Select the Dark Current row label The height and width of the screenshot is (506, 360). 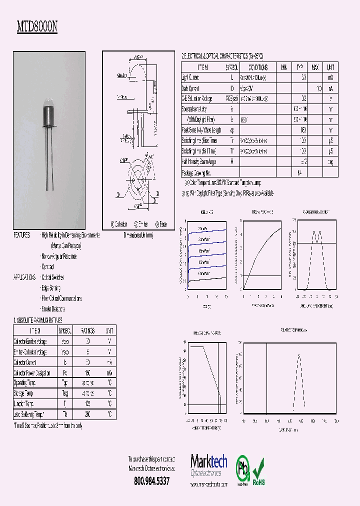(190, 88)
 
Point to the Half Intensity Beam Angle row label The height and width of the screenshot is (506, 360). (199, 162)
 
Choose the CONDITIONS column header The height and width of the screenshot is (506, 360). (257, 67)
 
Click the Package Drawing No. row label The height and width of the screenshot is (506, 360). (197, 172)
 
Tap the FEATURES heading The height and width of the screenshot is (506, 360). (21, 235)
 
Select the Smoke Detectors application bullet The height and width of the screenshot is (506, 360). (53, 309)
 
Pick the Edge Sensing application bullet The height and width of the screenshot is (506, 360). (51, 288)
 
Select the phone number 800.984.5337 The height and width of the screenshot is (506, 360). (152, 481)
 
